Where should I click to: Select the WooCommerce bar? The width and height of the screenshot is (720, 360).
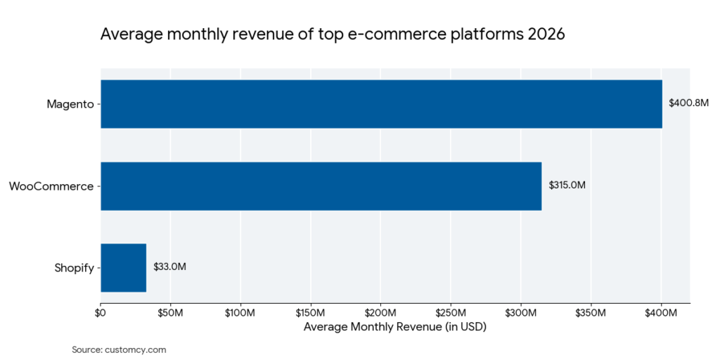pos(321,186)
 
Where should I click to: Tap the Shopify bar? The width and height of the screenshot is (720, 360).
pos(123,267)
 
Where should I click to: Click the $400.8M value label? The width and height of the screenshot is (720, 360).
pos(688,103)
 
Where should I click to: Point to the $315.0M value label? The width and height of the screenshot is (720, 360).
pos(567,186)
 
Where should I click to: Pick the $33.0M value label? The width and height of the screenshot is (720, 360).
pos(169,267)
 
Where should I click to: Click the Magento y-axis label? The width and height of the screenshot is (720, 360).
pos(70,104)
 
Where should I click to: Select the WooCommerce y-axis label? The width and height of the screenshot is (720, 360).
pos(51,186)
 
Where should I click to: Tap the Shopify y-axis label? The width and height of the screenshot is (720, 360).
pos(74,268)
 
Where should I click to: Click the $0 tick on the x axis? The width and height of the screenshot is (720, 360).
pos(101,312)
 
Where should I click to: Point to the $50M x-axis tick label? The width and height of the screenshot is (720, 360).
pos(170,312)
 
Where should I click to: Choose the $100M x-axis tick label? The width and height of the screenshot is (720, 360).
pos(240,312)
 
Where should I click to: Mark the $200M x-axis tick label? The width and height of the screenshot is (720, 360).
pos(380,312)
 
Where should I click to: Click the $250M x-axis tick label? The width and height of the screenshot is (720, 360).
pos(451,312)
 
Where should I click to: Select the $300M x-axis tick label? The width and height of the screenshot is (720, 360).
pos(521,312)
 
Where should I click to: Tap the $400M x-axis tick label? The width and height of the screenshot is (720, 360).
pos(661,312)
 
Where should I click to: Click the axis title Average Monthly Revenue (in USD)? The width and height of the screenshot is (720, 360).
pos(394,327)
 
